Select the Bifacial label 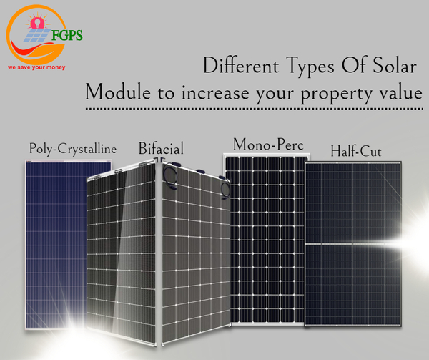(161, 149)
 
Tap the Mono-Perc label (268, 145)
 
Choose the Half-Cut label (355, 152)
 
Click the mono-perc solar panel (265, 236)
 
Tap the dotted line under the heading (254, 110)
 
